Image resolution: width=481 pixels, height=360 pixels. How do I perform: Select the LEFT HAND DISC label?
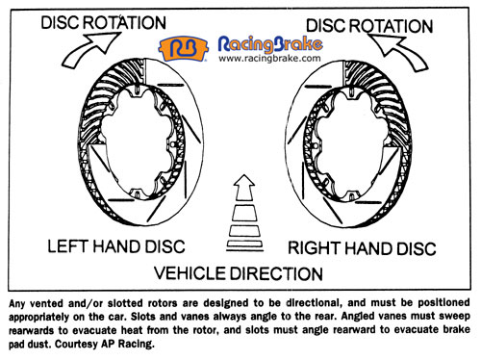(116, 247)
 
